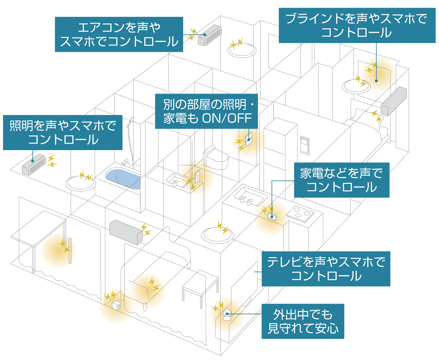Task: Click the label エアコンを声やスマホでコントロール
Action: click(119, 34)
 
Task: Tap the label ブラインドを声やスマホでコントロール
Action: click(357, 25)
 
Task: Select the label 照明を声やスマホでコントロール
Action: click(63, 132)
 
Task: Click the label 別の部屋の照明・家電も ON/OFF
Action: click(206, 111)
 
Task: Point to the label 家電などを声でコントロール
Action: click(341, 180)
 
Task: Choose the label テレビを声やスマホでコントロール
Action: click(326, 269)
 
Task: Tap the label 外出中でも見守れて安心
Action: click(303, 321)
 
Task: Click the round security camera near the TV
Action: click(227, 315)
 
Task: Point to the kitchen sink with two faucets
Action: click(250, 196)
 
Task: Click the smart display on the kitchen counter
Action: click(272, 216)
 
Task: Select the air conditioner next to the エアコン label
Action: click(210, 35)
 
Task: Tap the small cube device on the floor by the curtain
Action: click(116, 305)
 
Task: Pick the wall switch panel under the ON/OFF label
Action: click(248, 139)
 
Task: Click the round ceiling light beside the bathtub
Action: click(80, 184)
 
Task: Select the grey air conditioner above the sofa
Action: click(126, 232)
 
